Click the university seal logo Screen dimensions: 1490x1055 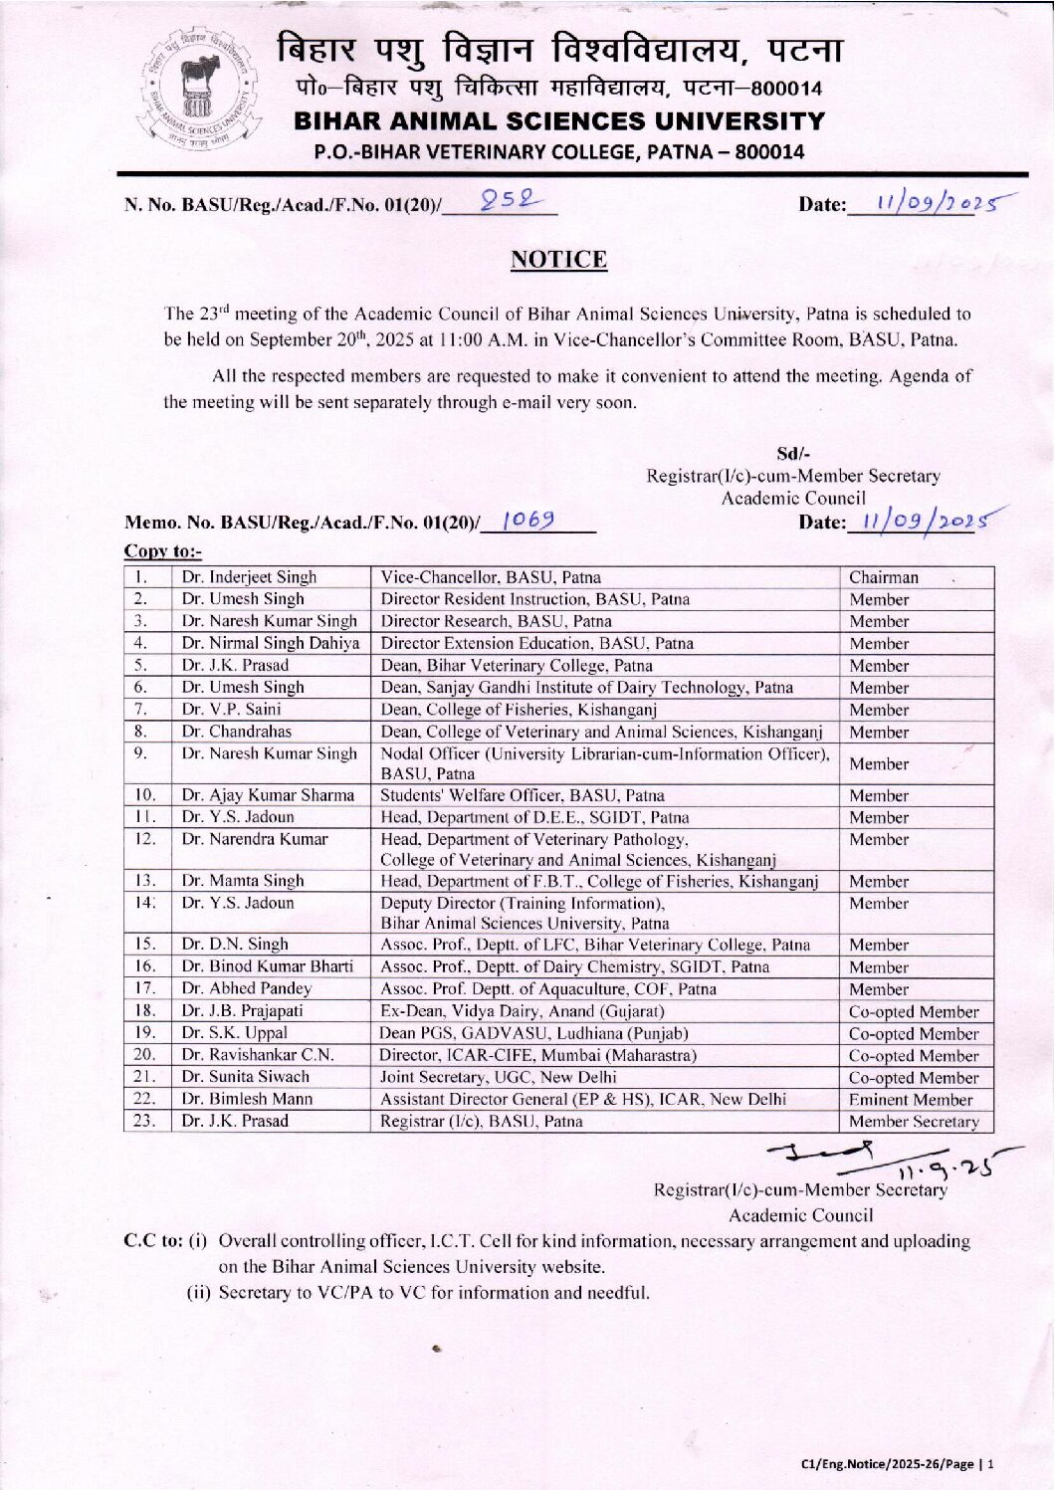pos(208,93)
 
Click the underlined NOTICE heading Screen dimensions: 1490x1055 pos(558,260)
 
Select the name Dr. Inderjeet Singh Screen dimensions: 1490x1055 pos(249,577)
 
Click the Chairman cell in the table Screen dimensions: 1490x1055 pos(884,577)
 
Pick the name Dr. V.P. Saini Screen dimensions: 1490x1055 pos(231,710)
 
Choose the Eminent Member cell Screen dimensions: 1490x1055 pos(910,1100)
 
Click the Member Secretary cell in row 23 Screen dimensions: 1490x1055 pos(914,1122)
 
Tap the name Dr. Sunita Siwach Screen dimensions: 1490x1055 pos(245,1077)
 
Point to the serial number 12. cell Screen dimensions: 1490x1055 pos(145,839)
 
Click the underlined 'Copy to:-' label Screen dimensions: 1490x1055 pos(162,550)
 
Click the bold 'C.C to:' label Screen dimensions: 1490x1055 pos(152,1241)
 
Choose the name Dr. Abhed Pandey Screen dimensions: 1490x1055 pos(246,989)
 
